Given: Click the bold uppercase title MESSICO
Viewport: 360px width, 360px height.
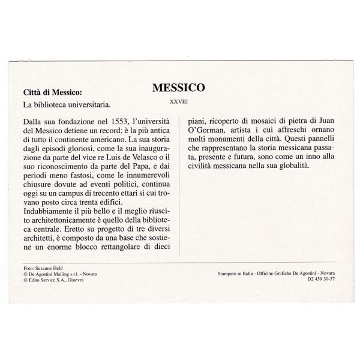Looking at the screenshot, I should click(179, 87).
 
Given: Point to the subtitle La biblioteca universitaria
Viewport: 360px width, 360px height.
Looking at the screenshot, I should click(59, 106).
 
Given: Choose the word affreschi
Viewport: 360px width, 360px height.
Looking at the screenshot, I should click(295, 131).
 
